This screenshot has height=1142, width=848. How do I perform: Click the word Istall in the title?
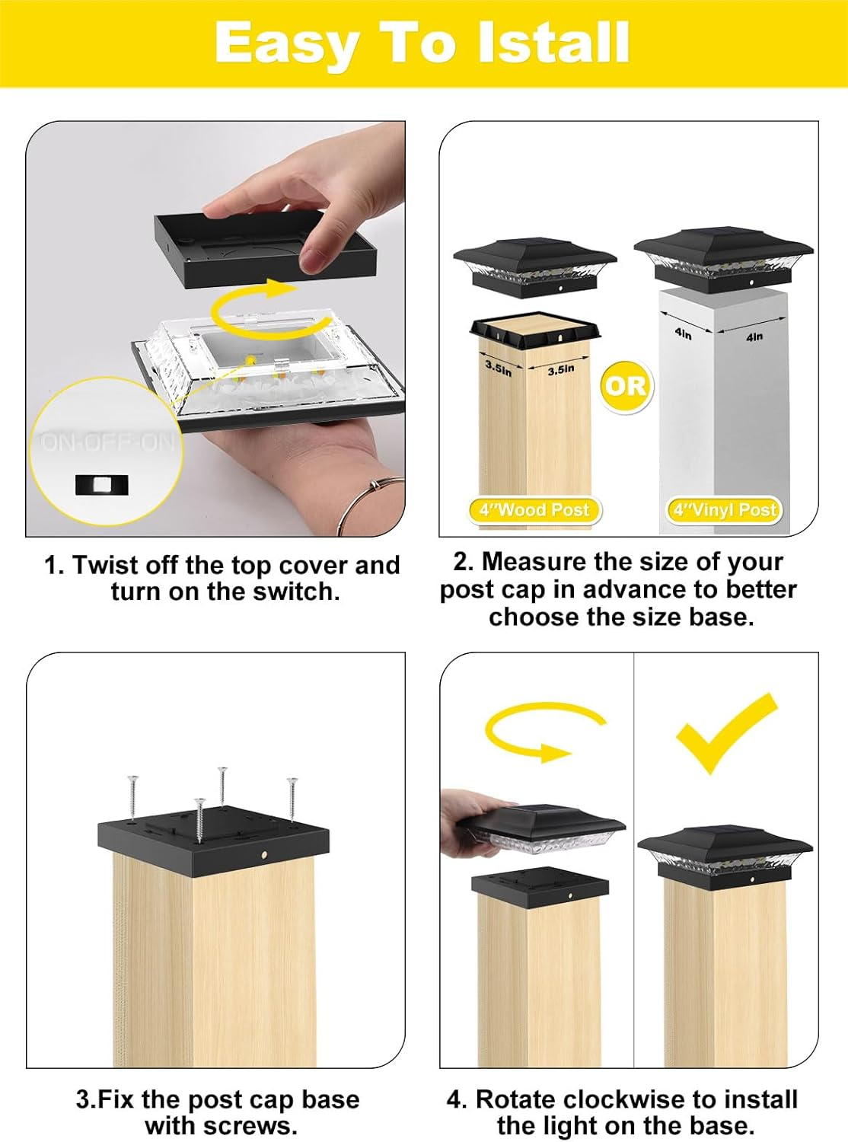(x=553, y=43)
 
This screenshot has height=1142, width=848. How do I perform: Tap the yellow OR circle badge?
(x=625, y=386)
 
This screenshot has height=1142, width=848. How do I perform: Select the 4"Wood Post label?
(x=534, y=510)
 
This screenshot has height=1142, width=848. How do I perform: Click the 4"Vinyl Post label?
(x=724, y=510)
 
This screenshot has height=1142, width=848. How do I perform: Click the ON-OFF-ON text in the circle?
(x=107, y=442)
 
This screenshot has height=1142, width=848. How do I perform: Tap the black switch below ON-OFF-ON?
(x=101, y=484)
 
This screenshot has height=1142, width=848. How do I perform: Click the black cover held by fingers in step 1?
(x=266, y=251)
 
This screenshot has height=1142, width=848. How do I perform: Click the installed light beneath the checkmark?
(x=725, y=853)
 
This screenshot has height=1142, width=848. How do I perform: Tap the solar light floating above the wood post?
(x=534, y=266)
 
